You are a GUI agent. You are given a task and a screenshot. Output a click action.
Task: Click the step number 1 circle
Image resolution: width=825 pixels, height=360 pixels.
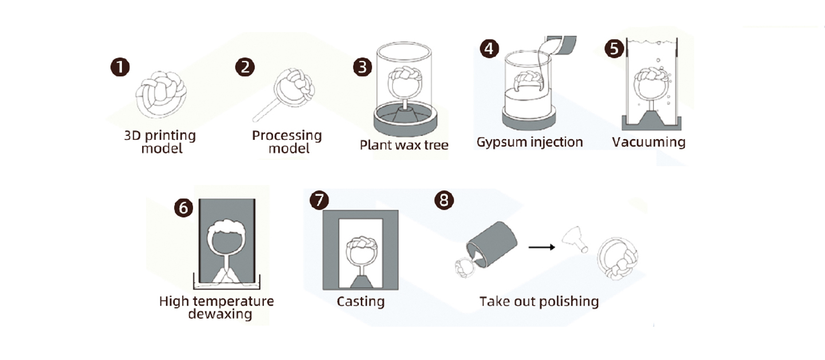(120, 67)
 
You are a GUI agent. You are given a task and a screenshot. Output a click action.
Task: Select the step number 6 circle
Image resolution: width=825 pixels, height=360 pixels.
(183, 208)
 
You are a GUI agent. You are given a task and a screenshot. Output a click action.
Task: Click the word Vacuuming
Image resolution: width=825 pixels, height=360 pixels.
(648, 142)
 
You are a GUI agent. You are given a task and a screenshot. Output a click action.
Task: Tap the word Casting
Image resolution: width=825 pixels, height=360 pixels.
(360, 301)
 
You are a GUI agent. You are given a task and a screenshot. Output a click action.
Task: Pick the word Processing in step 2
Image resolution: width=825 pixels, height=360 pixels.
(286, 136)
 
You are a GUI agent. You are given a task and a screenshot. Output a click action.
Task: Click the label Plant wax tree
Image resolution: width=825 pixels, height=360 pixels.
(404, 144)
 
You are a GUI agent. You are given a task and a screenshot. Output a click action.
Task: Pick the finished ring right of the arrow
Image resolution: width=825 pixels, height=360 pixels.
(617, 258)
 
